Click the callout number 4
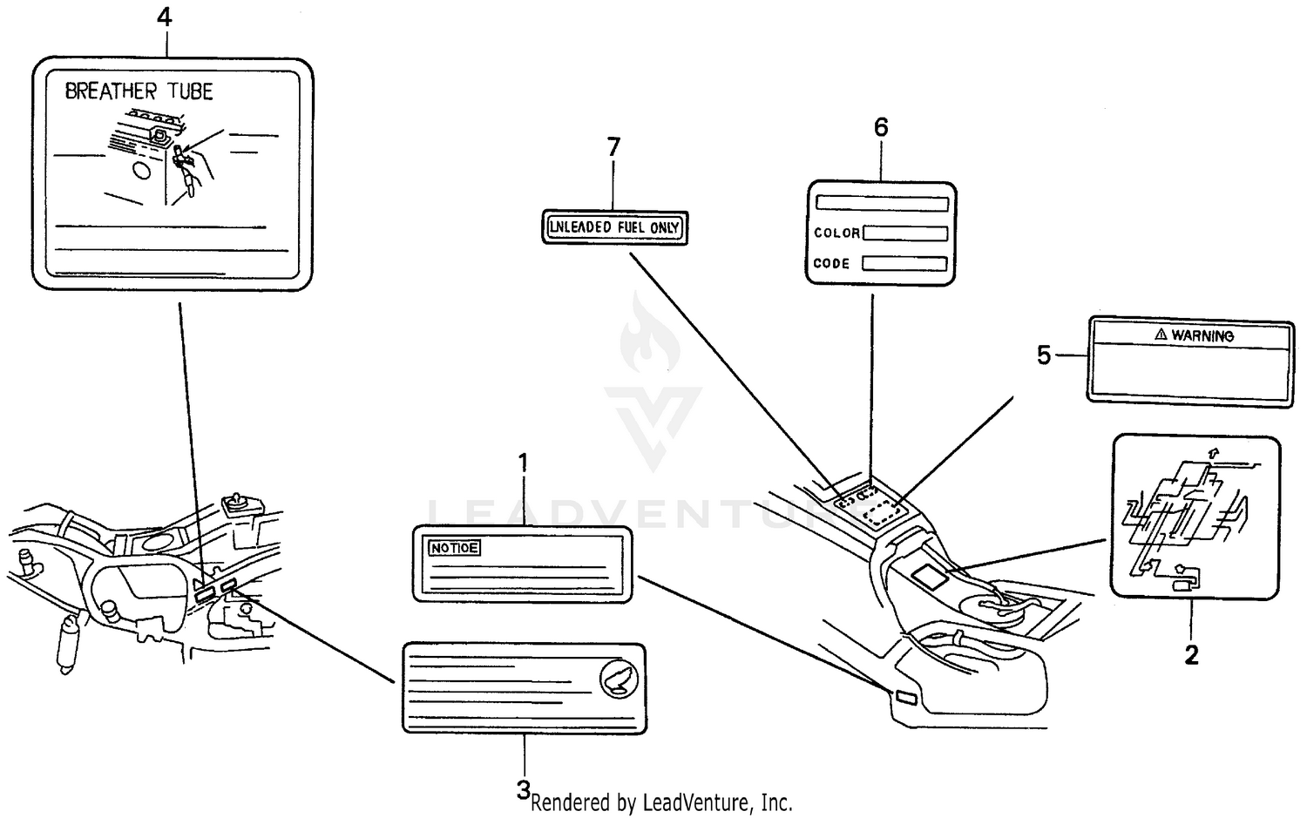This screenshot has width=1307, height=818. pos(164,17)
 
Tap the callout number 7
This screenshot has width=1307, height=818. pos(613,147)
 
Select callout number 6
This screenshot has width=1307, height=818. pos(881,127)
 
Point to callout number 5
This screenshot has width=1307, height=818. pos(1044,355)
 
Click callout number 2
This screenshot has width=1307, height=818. pos(1191,654)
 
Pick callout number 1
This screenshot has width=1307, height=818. pos(523,463)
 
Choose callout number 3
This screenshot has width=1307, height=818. pos(523,790)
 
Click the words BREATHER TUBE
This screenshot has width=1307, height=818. pos(139,91)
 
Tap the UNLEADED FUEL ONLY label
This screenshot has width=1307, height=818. pos(614,227)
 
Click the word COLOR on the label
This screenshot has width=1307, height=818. pos(836,233)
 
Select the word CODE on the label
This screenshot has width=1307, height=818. pos(831,263)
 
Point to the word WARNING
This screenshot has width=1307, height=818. pos(1202,335)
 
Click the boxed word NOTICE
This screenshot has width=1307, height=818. pos(454,548)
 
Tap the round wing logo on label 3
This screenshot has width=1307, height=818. pos(619,678)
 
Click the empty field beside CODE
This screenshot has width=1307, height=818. pos(904,263)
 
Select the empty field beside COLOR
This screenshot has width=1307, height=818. pos(905,233)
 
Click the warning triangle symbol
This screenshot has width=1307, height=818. pos(1161,335)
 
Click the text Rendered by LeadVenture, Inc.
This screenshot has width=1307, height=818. pos(661,802)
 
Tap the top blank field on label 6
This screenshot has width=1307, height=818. pos(882,203)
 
